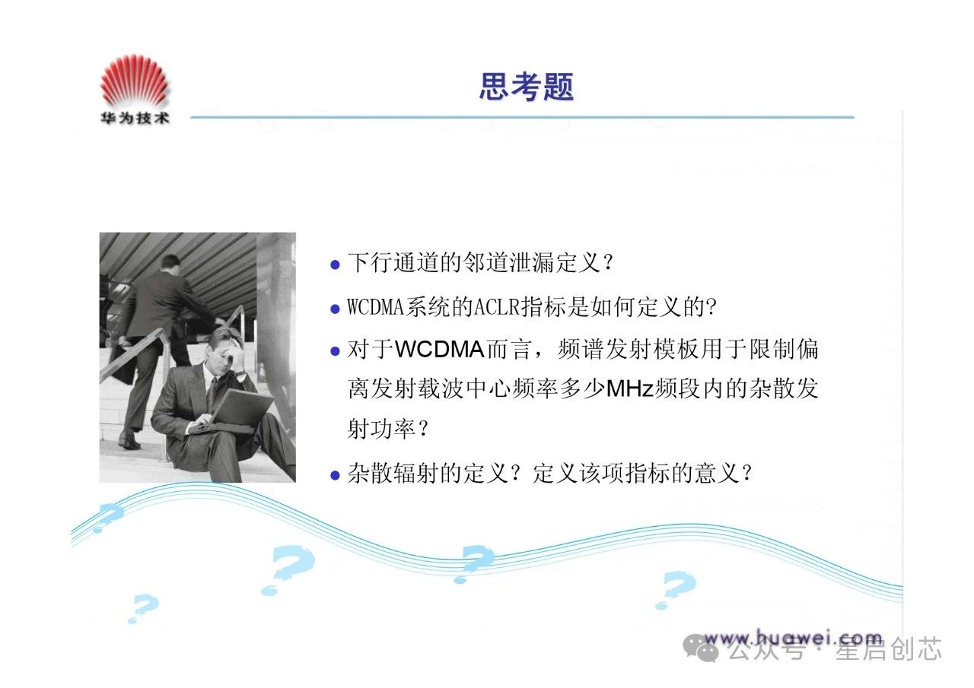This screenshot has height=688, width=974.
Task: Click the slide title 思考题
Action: point(527,87)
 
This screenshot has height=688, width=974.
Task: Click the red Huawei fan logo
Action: point(134,81)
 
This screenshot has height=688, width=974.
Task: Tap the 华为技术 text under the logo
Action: point(135,118)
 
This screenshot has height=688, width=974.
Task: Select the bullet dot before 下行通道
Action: point(335,265)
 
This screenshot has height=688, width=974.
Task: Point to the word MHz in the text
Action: point(629,388)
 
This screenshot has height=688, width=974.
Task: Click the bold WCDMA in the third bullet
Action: point(440,349)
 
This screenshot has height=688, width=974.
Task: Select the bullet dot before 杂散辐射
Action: point(335,475)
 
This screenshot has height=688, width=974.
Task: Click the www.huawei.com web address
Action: point(794,639)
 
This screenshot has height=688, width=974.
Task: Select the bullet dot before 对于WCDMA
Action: point(335,351)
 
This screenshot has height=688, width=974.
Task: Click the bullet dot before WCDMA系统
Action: point(335,309)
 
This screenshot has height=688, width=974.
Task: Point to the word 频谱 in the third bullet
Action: point(580,349)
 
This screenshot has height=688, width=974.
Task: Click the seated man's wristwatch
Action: point(240,372)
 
